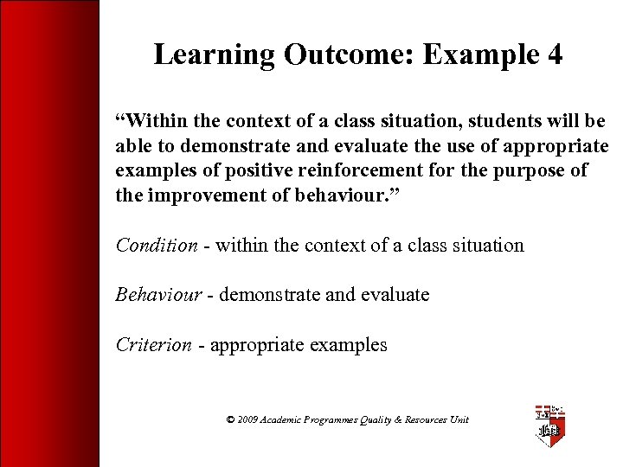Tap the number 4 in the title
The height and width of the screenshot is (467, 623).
(554, 55)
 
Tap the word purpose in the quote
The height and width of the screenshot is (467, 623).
(530, 170)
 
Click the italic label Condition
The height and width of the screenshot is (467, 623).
(157, 245)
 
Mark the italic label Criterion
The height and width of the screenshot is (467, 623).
(154, 345)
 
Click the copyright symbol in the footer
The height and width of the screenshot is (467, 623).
(230, 419)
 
